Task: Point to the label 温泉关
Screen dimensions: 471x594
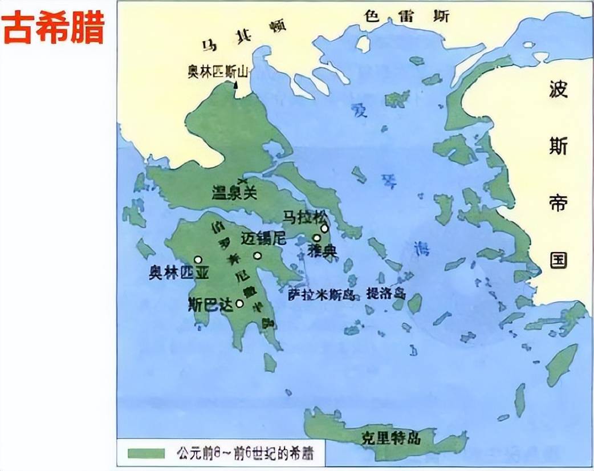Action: click(234, 192)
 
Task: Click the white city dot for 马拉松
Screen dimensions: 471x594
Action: click(324, 228)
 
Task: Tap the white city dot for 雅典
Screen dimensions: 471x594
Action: click(316, 238)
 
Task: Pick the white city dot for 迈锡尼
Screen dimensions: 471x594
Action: click(258, 255)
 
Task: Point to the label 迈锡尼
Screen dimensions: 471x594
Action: click(263, 239)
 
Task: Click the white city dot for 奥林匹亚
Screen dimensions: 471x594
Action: click(198, 259)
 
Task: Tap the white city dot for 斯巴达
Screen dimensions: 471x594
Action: click(239, 303)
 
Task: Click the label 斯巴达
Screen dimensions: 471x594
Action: click(211, 304)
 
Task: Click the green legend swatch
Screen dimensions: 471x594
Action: click(146, 453)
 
